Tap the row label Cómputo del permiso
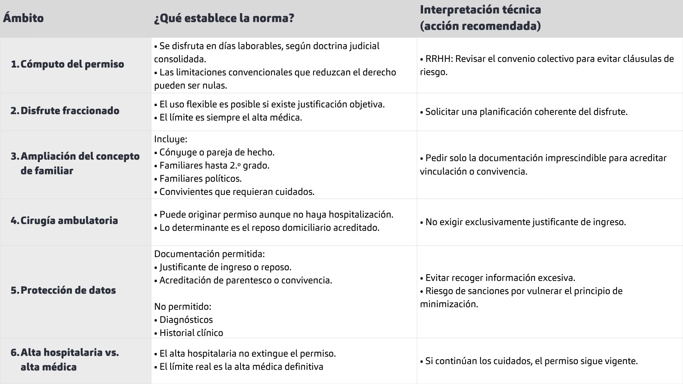tap(72, 64)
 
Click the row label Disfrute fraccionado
tap(70, 111)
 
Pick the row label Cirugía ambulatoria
tap(69, 221)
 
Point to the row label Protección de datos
tap(68, 290)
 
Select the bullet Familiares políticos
tap(200, 179)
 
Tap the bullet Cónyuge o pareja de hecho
tap(217, 153)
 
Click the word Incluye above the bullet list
tap(170, 139)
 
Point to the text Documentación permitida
tap(209, 254)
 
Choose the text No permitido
tap(182, 306)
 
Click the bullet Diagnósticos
tap(186, 320)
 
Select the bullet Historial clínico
tap(191, 333)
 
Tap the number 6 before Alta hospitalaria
tap(14, 353)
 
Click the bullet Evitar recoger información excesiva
tap(500, 278)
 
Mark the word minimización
tap(448, 304)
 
